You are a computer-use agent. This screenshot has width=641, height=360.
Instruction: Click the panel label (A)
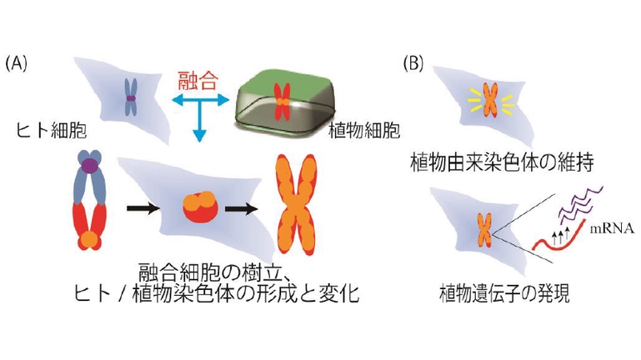[x=18, y=63]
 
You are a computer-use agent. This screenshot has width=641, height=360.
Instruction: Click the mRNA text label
[x=612, y=227]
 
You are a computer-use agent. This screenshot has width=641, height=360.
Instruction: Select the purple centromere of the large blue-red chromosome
[x=87, y=172]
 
